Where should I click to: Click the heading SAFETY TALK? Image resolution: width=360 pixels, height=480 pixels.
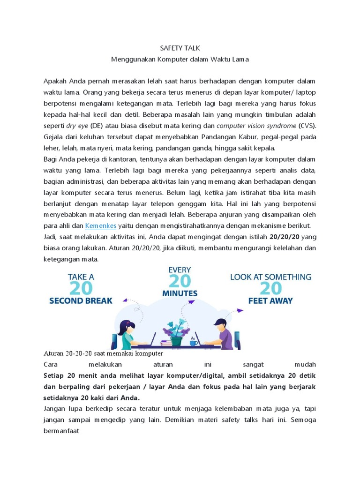(x=180, y=48)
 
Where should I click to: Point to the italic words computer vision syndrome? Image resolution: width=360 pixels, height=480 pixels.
(x=256, y=126)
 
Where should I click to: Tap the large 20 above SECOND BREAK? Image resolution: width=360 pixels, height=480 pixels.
(x=81, y=288)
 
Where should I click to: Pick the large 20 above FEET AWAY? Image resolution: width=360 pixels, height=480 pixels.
(x=271, y=288)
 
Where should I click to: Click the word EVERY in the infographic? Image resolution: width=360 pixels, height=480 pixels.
(x=180, y=270)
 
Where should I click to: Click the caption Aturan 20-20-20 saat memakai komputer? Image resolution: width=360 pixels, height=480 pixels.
(x=103, y=353)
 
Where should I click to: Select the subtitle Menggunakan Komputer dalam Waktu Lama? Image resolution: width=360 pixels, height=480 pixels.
(x=180, y=60)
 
